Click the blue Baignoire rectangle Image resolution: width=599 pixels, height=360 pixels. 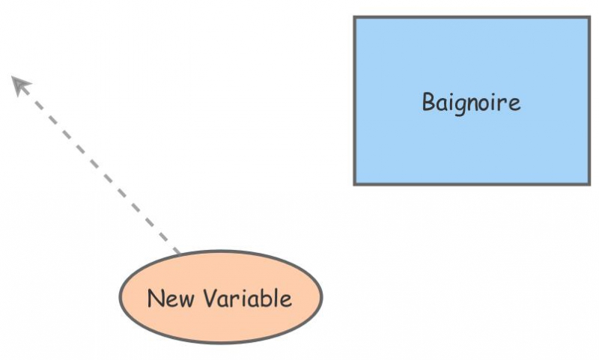click(x=472, y=150)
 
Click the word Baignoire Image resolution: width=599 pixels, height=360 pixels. click(x=471, y=102)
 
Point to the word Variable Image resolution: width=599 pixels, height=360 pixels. click(x=240, y=299)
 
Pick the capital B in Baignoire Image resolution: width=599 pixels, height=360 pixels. click(x=428, y=101)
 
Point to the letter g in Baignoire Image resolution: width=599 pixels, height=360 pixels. click(x=457, y=104)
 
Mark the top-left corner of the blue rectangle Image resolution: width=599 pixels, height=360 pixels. click(x=355, y=18)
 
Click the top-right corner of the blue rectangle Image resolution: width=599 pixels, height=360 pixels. click(x=589, y=18)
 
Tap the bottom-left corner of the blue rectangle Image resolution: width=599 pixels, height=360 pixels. click(x=355, y=183)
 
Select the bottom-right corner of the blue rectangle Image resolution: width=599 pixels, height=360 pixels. click(x=589, y=183)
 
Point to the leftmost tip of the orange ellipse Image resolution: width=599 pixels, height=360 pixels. click(x=120, y=297)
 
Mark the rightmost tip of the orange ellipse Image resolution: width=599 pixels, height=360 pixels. click(x=322, y=297)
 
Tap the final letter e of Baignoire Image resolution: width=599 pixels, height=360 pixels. click(x=514, y=103)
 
